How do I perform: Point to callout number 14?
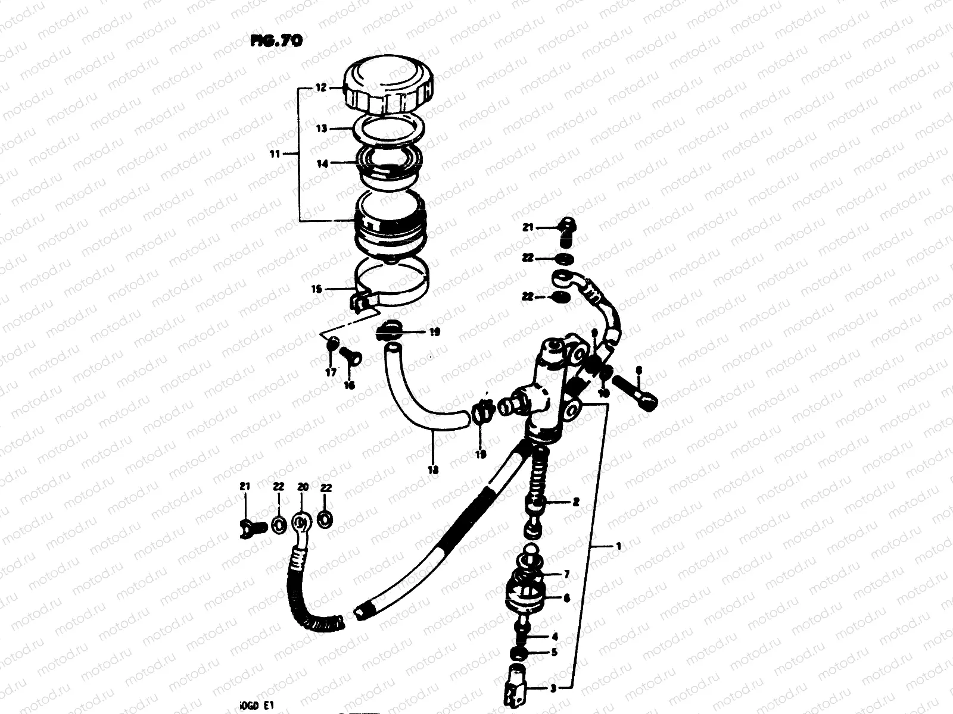tap(322, 164)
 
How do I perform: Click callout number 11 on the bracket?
tap(275, 155)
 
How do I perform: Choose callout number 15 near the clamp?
tap(316, 289)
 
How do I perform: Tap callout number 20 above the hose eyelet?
tap(303, 487)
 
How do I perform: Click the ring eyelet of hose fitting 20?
tap(302, 523)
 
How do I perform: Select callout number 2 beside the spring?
tap(575, 502)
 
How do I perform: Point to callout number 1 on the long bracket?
tap(618, 545)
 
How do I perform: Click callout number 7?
tap(566, 574)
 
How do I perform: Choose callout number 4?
tap(554, 637)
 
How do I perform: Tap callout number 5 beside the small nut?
tap(554, 652)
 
